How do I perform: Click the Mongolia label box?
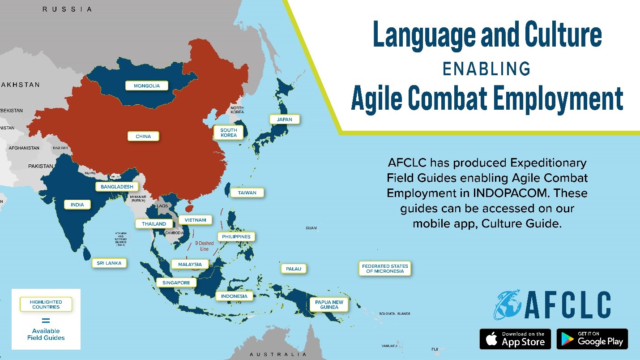[147, 86]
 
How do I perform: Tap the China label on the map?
[143, 136]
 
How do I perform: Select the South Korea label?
[229, 133]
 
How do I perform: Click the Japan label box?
[284, 120]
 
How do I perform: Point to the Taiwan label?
[247, 193]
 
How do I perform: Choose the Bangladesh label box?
[117, 187]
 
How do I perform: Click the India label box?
[77, 205]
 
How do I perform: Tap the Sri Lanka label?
[109, 263]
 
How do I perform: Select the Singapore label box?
[176, 283]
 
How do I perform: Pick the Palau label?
[294, 269]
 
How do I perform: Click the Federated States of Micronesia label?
[385, 269]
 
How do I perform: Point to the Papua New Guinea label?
[329, 305]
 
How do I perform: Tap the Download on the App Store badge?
[515, 339]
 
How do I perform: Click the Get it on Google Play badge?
[592, 339]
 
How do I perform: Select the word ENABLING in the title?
[486, 69]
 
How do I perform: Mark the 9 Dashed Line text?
[204, 246]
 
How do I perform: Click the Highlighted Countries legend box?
[46, 304]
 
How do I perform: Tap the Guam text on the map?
[311, 228]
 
